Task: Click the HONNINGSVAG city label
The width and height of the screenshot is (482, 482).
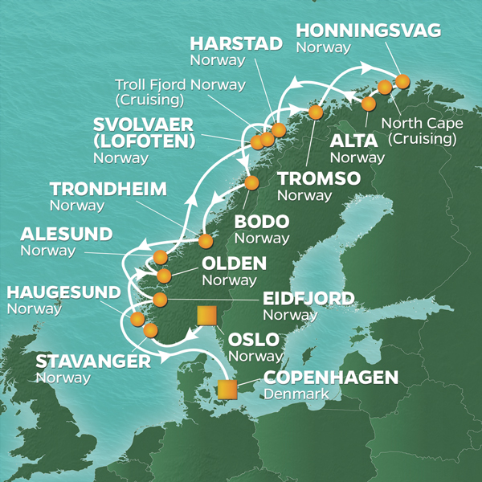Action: tap(368, 31)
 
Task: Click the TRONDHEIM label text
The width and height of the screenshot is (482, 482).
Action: tap(108, 190)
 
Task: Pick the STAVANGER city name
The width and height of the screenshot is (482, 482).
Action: tap(92, 361)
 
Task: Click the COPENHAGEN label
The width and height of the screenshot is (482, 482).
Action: tap(330, 378)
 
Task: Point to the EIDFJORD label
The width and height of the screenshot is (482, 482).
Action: tap(308, 299)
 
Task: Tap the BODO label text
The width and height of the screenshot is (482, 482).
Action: tap(259, 223)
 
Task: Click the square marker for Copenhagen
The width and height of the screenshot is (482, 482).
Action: tap(228, 390)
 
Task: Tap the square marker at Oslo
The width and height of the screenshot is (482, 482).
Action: tap(206, 314)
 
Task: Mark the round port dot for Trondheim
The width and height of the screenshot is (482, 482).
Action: tap(206, 240)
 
